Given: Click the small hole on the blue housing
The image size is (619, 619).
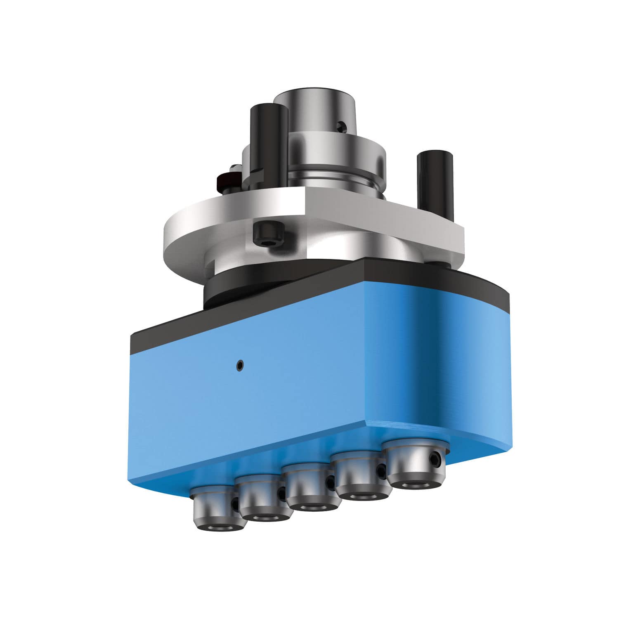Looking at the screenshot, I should [240, 364].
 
